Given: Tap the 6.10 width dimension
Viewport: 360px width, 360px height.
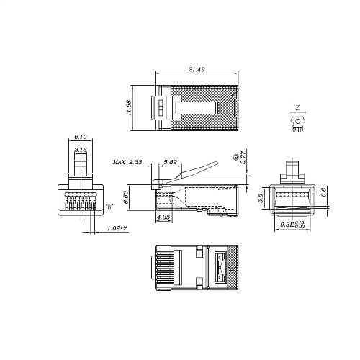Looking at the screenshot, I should point(80,137).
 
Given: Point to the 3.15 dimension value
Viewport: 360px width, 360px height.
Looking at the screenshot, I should point(81,150).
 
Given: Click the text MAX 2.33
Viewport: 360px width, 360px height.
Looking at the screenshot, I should point(127,163).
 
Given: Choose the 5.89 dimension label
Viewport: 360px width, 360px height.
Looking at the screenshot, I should point(171,163).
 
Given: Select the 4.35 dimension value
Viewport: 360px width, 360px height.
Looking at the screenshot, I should point(163,217).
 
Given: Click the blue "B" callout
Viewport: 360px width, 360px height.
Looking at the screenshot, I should point(109,207).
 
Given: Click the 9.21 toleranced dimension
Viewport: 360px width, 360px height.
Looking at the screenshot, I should point(292,225).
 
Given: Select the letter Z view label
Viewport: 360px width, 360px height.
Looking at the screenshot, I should point(297,107).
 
